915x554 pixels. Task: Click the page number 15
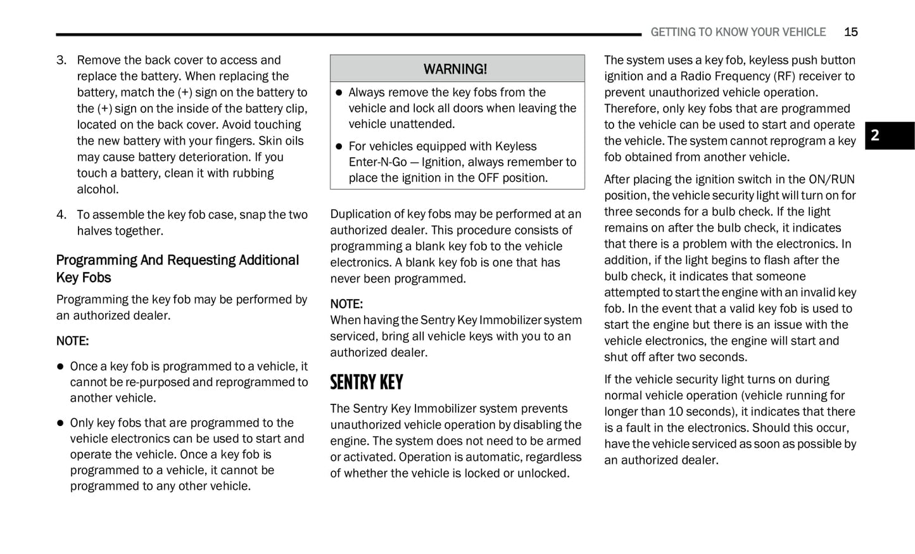coord(850,32)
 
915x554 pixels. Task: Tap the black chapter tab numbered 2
coord(889,136)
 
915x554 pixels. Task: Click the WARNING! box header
coord(457,68)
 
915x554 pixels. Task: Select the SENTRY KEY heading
coord(367,382)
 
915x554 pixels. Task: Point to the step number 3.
coord(61,60)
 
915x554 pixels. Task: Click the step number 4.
coord(61,215)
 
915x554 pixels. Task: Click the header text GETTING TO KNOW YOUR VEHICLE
coord(738,32)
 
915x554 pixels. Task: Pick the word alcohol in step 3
coord(98,190)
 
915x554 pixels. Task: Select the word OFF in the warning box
coord(488,178)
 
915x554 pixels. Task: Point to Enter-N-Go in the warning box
coord(377,162)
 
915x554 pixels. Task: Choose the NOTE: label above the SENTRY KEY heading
coord(346,304)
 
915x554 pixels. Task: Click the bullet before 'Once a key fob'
coord(61,366)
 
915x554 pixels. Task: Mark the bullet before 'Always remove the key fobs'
coord(339,93)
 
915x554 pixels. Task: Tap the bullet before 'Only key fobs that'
coord(61,423)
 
